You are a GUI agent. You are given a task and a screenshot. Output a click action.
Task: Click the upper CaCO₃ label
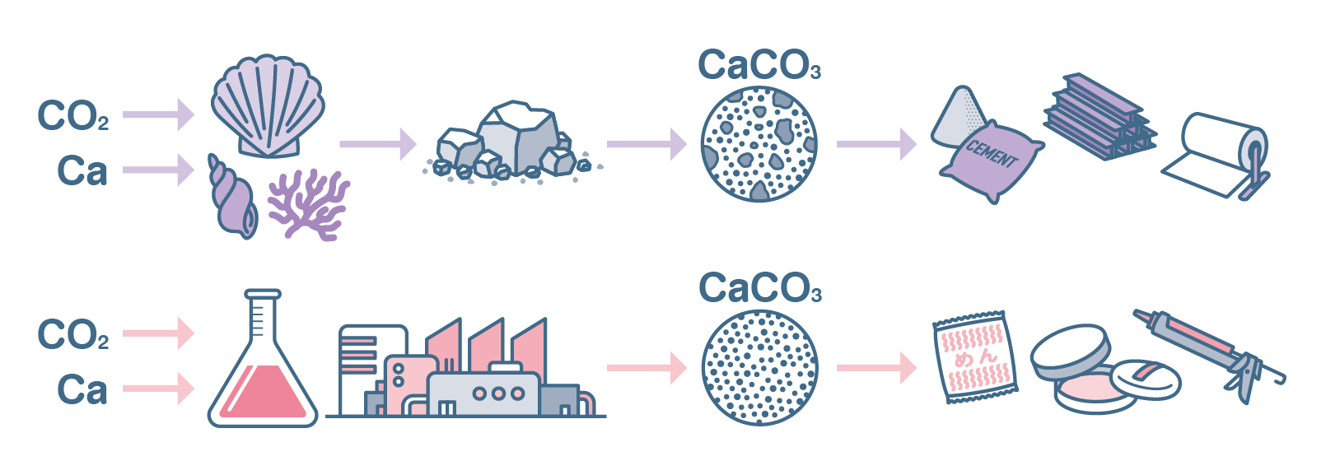click(759, 65)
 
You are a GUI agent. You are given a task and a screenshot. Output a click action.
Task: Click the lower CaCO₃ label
click(759, 288)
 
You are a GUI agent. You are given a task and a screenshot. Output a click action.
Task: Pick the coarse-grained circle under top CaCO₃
click(759, 144)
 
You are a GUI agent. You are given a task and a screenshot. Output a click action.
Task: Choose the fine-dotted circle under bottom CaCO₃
click(759, 367)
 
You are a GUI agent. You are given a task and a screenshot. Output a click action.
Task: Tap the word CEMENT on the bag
click(991, 153)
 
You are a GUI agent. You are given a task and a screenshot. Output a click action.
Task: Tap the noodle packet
click(974, 358)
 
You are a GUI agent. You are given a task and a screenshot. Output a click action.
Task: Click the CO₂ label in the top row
click(72, 116)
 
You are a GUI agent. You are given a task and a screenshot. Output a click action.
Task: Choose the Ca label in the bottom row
click(82, 389)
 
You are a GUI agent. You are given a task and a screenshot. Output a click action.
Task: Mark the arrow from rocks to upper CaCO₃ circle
click(646, 144)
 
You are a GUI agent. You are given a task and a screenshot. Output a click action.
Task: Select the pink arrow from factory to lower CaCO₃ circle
click(646, 367)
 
